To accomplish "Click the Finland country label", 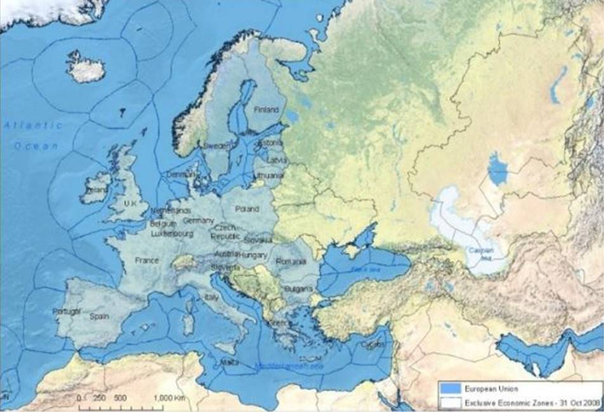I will tap(266, 110).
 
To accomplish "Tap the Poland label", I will tap(247, 208).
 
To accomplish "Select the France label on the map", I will tap(146, 260).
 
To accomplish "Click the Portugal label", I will tap(67, 311).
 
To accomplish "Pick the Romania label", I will tap(291, 261).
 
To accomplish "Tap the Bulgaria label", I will tap(298, 288).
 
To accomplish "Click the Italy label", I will tap(211, 296).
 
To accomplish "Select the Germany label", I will tap(199, 220).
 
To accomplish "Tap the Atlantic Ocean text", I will tap(35, 135).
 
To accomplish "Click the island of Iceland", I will tap(86, 68).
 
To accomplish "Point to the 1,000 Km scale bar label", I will tap(167, 397).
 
